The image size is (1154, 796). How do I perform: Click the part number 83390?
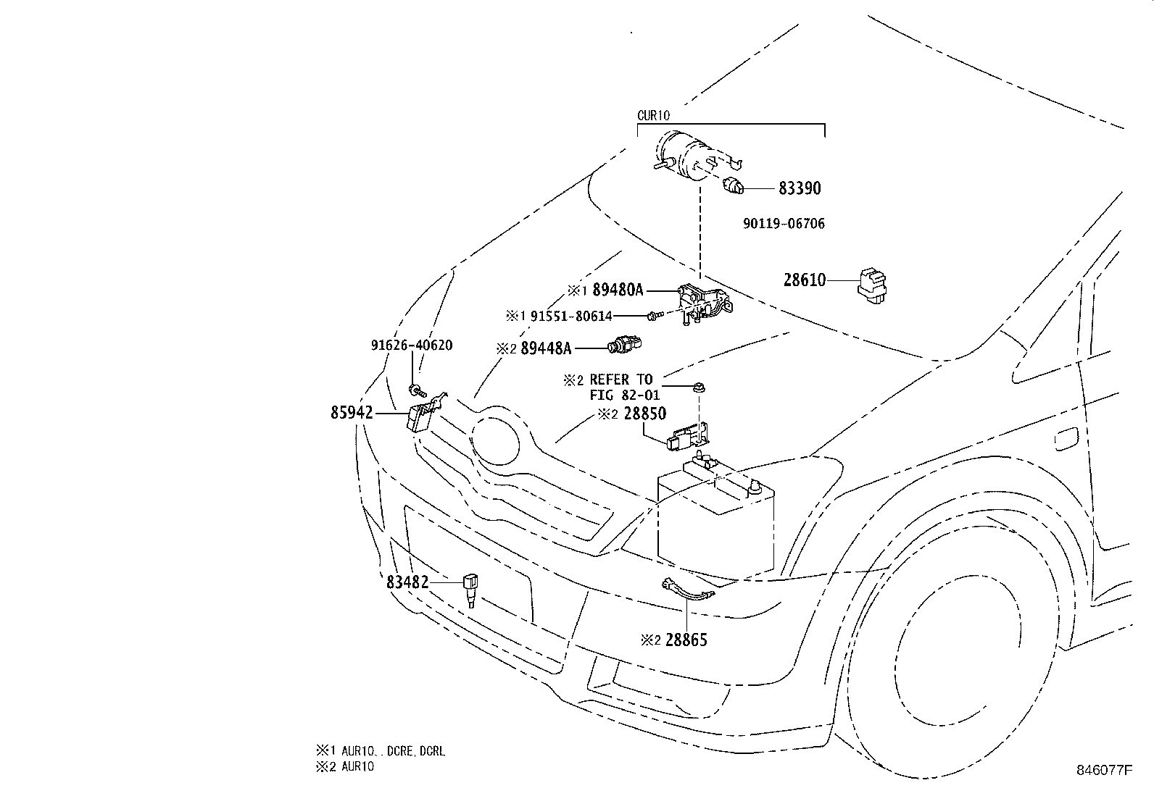tap(800, 188)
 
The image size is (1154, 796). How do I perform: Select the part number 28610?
tap(805, 280)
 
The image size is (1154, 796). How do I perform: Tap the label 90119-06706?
tap(784, 224)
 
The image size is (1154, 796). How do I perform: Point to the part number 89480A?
tap(618, 290)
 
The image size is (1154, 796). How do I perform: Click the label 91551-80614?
tap(571, 316)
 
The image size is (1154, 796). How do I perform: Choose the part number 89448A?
tap(546, 348)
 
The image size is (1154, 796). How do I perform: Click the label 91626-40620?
tap(412, 345)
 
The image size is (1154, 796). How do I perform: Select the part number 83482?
tap(407, 582)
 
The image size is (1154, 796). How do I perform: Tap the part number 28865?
tap(686, 640)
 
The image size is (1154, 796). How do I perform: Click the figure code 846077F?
tap(1103, 770)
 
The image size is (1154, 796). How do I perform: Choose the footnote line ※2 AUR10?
tap(344, 766)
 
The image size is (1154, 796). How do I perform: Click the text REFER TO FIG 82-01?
tap(620, 387)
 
